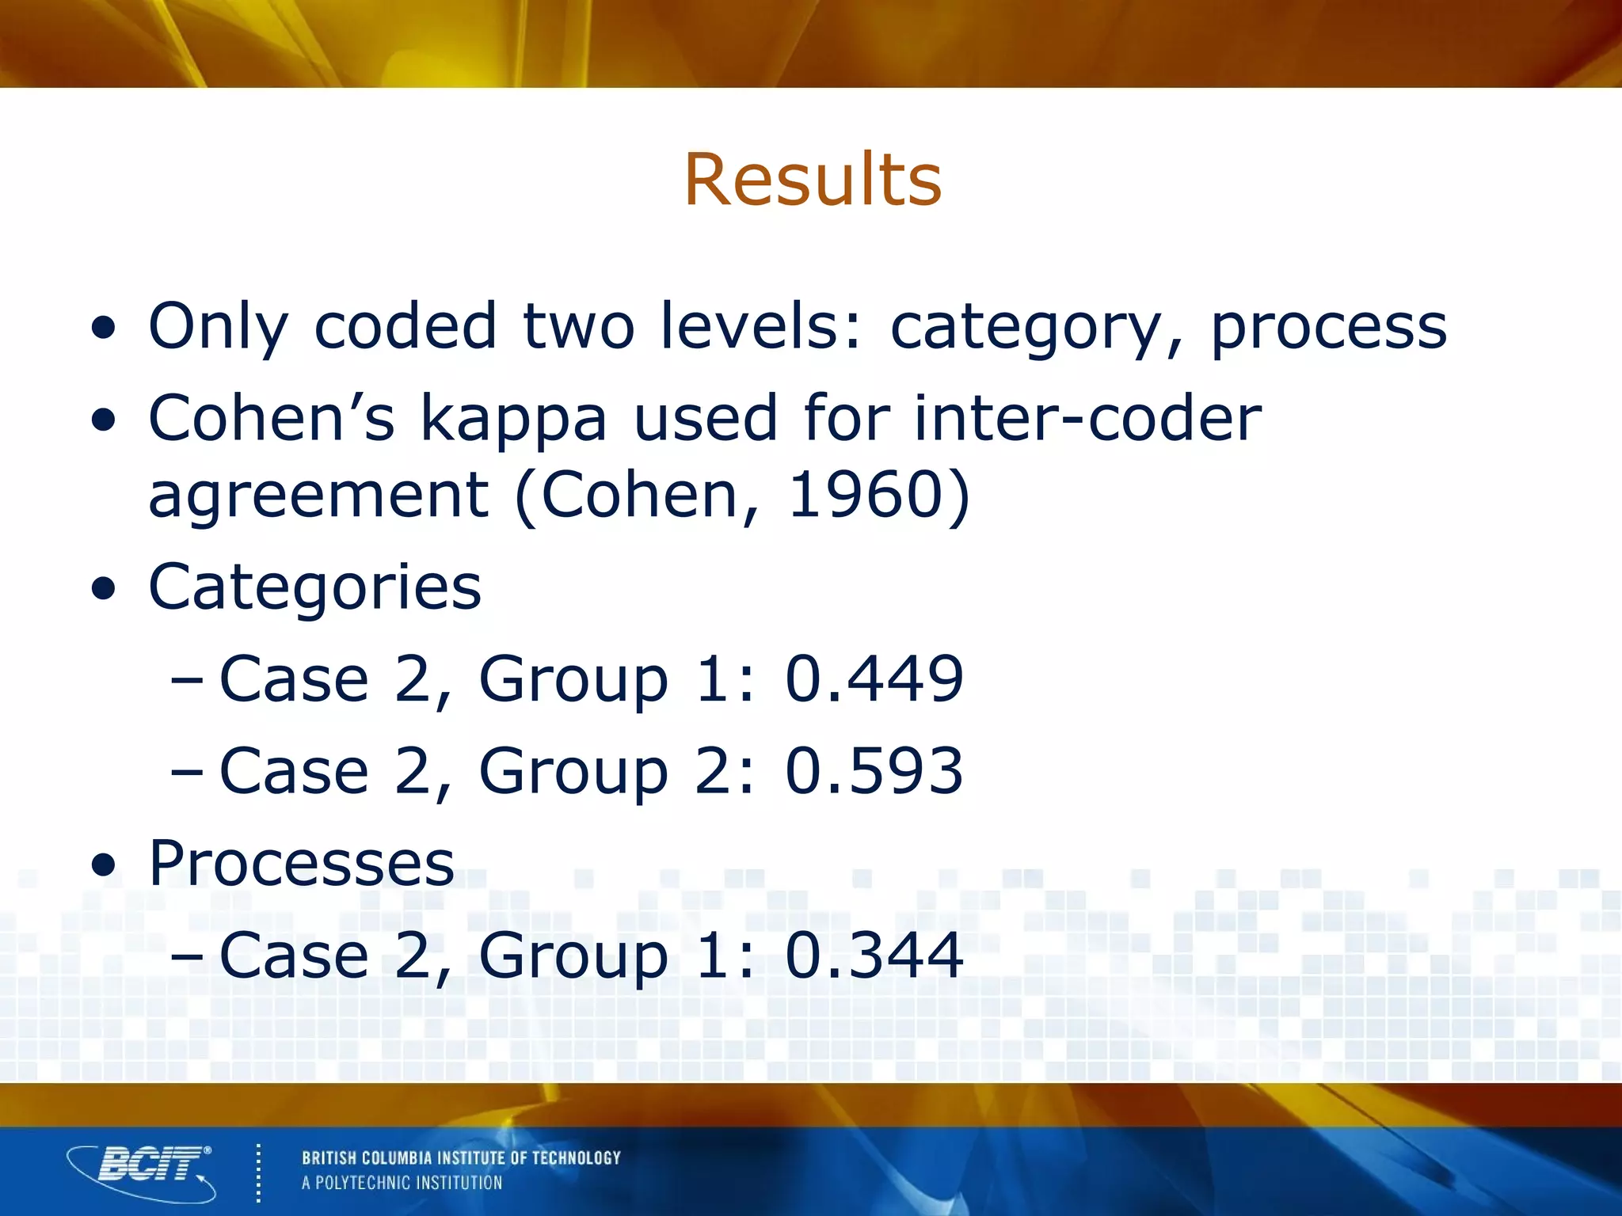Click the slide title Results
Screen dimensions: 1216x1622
(813, 180)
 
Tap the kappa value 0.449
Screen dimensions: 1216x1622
(874, 678)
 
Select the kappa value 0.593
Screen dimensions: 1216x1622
(874, 770)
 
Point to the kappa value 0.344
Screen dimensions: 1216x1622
(874, 955)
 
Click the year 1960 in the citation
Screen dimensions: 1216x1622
(866, 495)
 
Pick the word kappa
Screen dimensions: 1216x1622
(512, 420)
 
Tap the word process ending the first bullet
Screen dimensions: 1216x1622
(1328, 328)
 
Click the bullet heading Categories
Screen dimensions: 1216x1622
(314, 587)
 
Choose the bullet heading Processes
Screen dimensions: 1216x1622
(301, 862)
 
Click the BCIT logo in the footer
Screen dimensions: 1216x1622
(143, 1170)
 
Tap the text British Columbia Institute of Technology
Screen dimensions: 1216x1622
(461, 1158)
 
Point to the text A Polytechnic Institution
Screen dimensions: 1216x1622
(402, 1183)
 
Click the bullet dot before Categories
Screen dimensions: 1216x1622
(103, 589)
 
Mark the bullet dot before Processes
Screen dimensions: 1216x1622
(103, 865)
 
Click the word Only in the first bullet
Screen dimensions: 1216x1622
(218, 328)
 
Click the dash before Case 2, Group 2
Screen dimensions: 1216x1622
(187, 772)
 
